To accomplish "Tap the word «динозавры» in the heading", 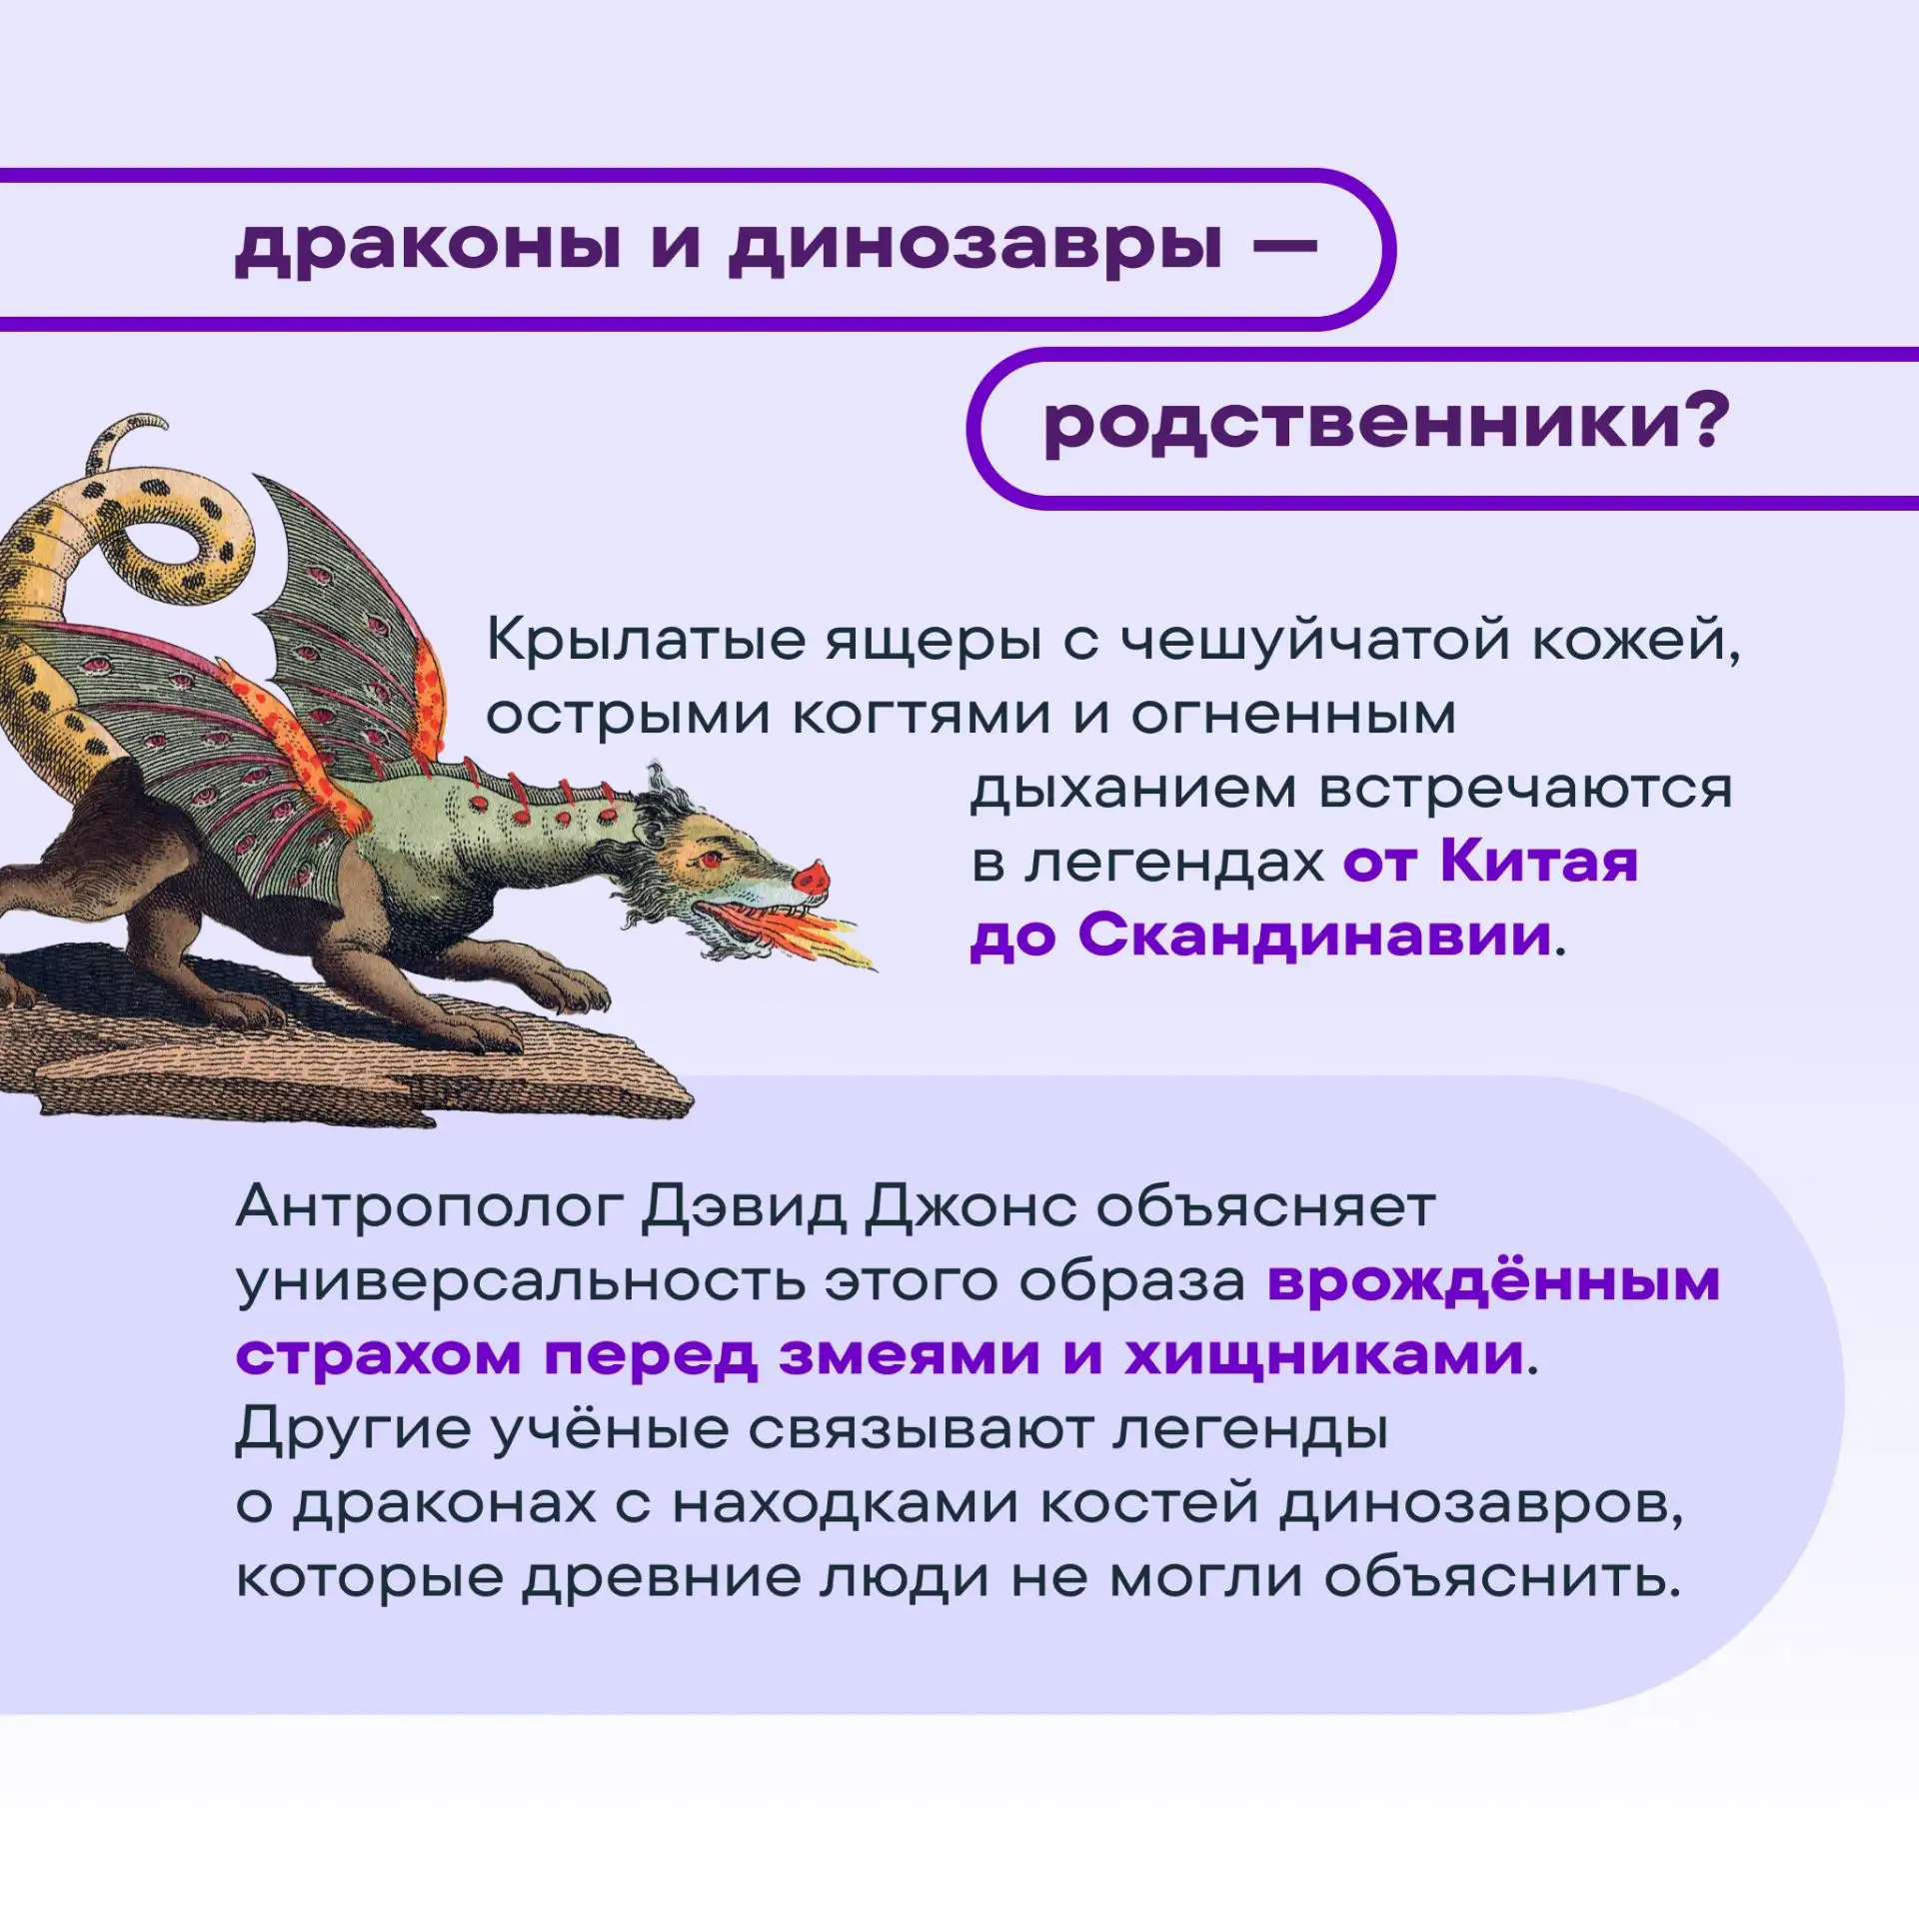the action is (x=975, y=247).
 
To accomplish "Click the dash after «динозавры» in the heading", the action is (x=1285, y=244).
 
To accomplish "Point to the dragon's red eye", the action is (x=711, y=859).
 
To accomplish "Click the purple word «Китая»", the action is (x=1539, y=861).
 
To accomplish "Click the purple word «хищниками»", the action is (x=1323, y=1355).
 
